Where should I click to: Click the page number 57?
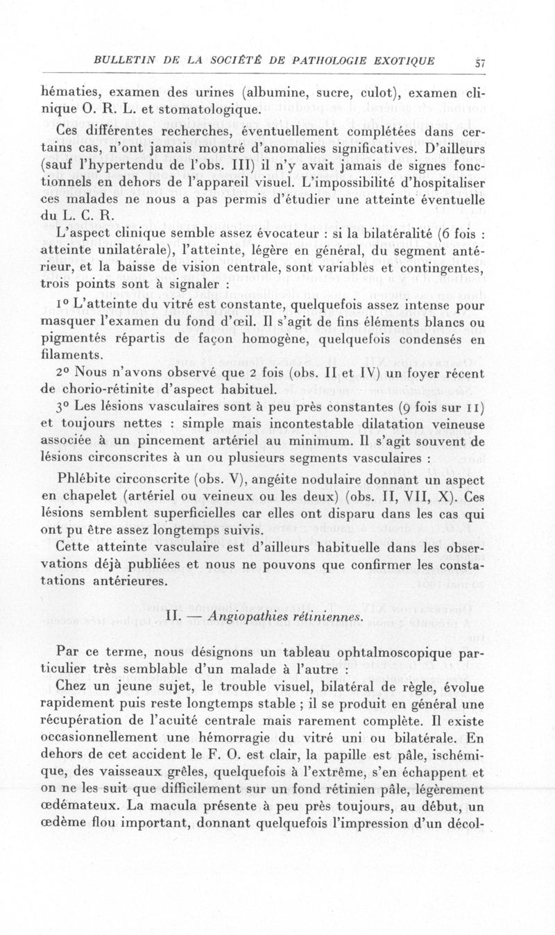pyautogui.click(x=479, y=61)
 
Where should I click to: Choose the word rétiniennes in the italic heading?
pyautogui.click(x=326, y=616)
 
